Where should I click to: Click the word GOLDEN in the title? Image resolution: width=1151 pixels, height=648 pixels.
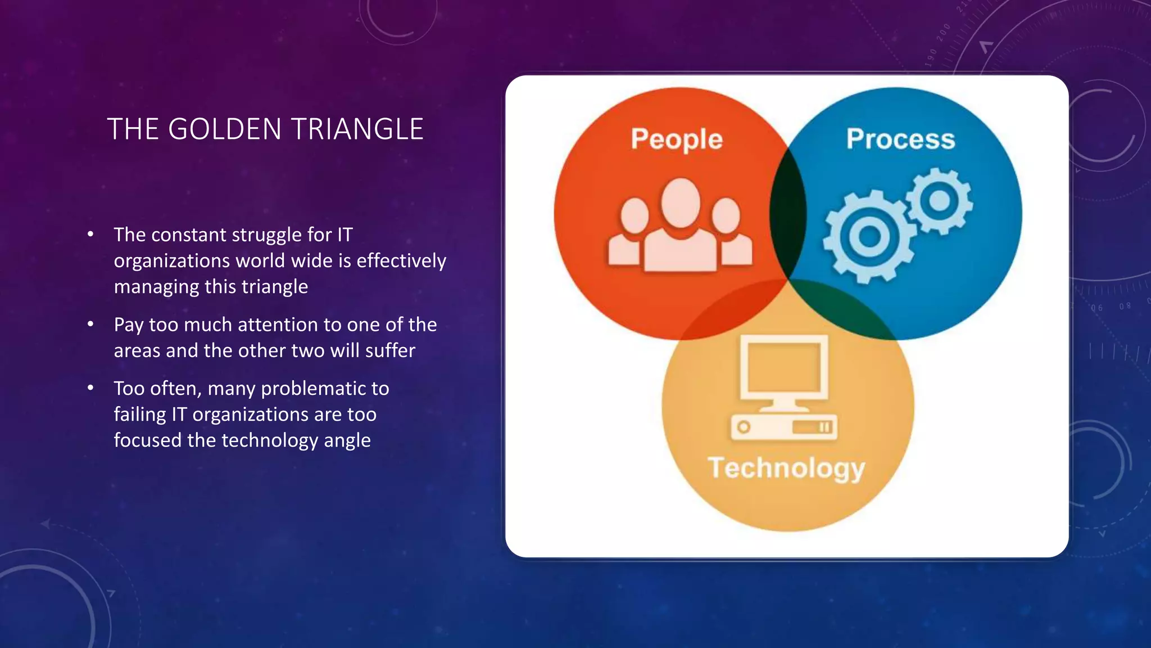[224, 129]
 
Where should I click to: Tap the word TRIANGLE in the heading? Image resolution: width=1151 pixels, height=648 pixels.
[357, 129]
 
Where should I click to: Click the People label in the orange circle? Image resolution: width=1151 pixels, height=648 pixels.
[677, 139]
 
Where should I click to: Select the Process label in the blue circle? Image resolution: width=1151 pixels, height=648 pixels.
[900, 139]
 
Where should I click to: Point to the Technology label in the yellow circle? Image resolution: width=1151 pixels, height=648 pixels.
[786, 468]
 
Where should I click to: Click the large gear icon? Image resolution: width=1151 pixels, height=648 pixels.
[869, 236]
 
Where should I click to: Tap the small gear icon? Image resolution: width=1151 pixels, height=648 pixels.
[940, 201]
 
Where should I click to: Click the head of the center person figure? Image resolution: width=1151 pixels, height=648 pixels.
[681, 202]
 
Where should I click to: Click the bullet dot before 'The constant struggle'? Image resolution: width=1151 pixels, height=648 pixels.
[90, 235]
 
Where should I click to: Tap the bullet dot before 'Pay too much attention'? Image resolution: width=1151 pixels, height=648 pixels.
[90, 325]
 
